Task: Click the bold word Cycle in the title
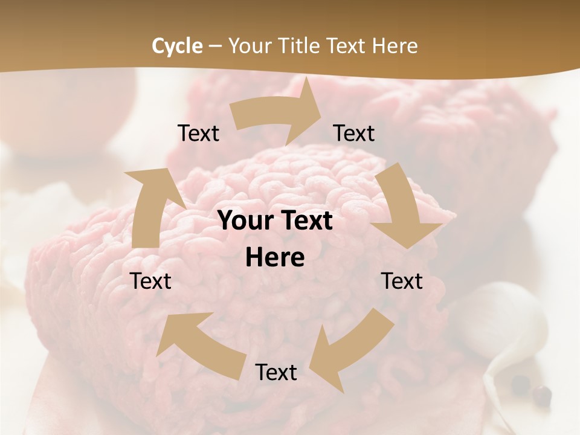pyautogui.click(x=177, y=46)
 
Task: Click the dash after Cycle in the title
pyautogui.click(x=215, y=46)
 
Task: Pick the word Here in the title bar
pyautogui.click(x=395, y=46)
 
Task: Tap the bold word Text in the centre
pyautogui.click(x=306, y=221)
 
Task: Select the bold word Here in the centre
pyautogui.click(x=275, y=258)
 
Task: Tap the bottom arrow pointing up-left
pyautogui.click(x=199, y=344)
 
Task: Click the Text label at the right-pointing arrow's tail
pyautogui.click(x=198, y=134)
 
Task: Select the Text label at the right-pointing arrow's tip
pyautogui.click(x=354, y=134)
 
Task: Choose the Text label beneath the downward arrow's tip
pyautogui.click(x=402, y=281)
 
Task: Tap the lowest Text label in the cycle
pyautogui.click(x=276, y=373)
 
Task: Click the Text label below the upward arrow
pyautogui.click(x=150, y=281)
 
